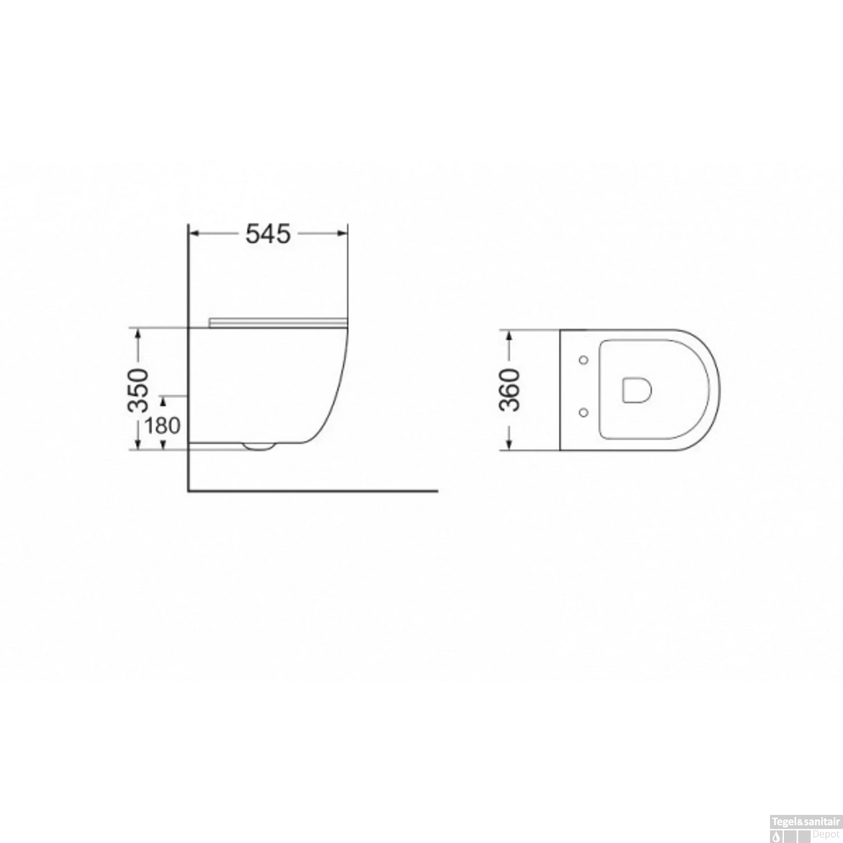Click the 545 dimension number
pos(268,234)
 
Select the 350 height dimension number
pos(138,390)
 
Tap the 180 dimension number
pos(163,425)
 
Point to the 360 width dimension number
pos(510,390)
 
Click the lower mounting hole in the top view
pos(583,413)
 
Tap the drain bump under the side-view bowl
pos(259,447)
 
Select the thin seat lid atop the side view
pos(275,322)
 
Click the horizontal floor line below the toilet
pos(312,491)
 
